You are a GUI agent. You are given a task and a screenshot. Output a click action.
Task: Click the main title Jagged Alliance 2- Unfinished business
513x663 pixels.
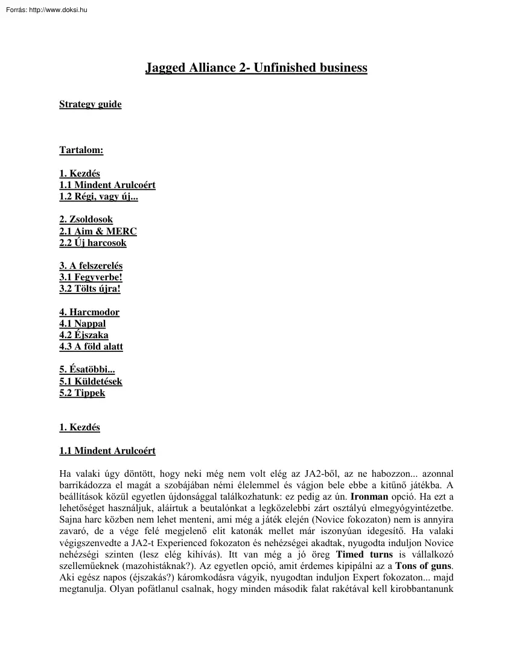click(256, 68)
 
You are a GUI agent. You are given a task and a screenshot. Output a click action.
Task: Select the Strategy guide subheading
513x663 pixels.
click(90, 104)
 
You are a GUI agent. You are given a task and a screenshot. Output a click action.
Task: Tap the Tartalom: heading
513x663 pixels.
click(81, 150)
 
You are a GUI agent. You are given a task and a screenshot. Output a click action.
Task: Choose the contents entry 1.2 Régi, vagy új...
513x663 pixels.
click(98, 196)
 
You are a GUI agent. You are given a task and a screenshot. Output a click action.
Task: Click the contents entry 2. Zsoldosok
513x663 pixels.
click(86, 219)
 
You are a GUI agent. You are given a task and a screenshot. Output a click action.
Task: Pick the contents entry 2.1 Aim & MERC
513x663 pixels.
click(98, 231)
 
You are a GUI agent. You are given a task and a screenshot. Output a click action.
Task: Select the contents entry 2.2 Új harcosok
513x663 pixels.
click(92, 243)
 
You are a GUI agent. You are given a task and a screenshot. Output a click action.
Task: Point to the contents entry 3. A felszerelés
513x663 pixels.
click(91, 266)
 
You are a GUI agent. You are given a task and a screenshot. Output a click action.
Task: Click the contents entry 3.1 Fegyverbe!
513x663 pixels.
click(91, 277)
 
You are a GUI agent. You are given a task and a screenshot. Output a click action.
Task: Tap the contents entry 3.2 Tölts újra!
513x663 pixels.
click(90, 289)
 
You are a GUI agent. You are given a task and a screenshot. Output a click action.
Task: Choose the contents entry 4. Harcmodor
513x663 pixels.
click(89, 312)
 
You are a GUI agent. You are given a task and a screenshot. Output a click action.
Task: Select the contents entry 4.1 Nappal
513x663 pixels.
click(82, 324)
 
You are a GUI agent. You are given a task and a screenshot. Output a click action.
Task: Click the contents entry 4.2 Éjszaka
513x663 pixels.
click(84, 335)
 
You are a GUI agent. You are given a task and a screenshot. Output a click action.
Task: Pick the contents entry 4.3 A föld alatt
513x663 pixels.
click(91, 347)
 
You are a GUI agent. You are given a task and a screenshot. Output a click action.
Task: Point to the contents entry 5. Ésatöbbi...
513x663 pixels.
click(87, 369)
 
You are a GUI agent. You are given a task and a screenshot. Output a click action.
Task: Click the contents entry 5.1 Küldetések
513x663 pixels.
click(91, 382)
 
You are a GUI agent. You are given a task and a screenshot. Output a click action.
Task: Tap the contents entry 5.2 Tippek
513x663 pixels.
click(82, 393)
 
